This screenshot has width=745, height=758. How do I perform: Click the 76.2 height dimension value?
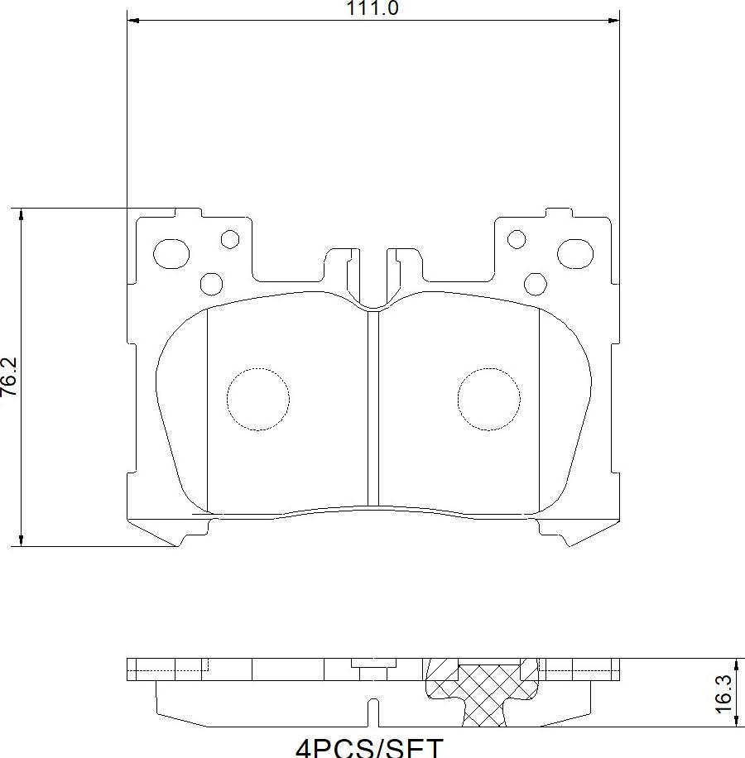[x=9, y=377]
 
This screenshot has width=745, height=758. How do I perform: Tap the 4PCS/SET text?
[x=369, y=747]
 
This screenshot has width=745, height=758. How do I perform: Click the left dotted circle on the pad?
[x=258, y=399]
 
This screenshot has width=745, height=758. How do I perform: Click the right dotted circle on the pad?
[x=489, y=399]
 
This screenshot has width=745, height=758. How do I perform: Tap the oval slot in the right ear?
[x=574, y=252]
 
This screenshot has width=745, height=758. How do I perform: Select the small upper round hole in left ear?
[x=230, y=240]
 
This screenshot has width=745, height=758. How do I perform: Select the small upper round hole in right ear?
[x=517, y=240]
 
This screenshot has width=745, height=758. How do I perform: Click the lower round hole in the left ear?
[x=212, y=284]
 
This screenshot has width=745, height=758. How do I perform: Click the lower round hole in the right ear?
[x=536, y=284]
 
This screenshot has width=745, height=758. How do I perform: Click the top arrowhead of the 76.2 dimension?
[x=22, y=213]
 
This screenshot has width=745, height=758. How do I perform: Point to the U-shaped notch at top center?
[x=373, y=281]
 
